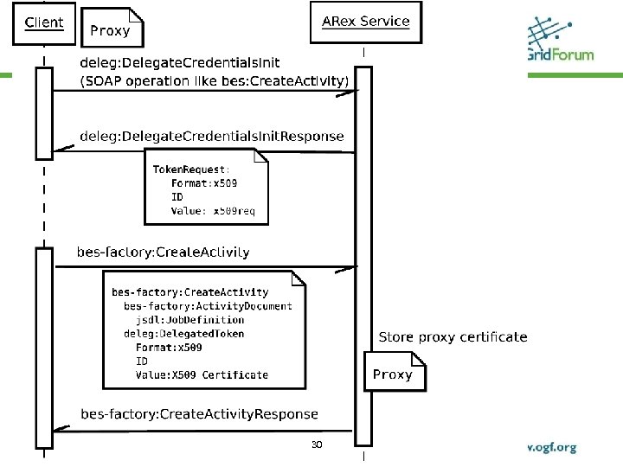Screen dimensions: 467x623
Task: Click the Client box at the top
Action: coord(43,22)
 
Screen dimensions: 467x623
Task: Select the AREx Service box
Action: coord(365,22)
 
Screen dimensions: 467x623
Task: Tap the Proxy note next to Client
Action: coord(111,29)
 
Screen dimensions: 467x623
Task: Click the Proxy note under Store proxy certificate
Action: coord(393,374)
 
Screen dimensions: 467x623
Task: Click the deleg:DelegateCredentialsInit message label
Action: coord(179,63)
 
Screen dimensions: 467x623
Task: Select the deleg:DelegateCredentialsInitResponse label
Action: coord(211,136)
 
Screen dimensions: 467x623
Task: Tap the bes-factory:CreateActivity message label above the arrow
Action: coord(164,253)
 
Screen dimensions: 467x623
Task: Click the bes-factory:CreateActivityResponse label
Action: coord(199,414)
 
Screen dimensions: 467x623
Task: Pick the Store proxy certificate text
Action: coord(453,336)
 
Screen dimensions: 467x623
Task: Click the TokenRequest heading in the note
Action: coord(191,170)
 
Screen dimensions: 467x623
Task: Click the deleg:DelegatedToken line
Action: coord(183,333)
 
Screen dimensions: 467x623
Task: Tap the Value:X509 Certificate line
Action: coord(202,374)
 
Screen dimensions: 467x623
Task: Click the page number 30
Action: coord(317,445)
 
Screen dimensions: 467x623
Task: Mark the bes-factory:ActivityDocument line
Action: coord(208,305)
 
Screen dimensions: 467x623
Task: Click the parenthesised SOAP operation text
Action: coord(215,81)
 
